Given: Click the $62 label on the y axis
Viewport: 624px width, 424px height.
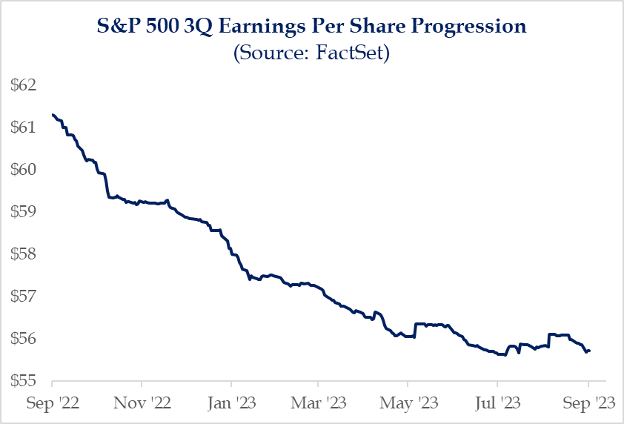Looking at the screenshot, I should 24,85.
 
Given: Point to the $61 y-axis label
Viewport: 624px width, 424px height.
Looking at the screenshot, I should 24,127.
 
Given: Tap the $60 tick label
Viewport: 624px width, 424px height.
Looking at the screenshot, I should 24,169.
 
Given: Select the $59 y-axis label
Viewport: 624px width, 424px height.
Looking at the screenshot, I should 24,211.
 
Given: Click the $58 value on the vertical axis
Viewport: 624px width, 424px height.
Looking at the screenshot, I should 24,254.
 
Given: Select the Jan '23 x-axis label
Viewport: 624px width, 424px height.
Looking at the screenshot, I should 230,405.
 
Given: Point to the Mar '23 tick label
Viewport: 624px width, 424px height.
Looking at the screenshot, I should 318,405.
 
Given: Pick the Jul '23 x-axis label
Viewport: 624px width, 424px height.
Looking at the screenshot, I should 497,405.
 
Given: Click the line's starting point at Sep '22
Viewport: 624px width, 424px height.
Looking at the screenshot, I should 53,114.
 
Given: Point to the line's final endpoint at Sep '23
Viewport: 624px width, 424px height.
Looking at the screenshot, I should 589,351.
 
